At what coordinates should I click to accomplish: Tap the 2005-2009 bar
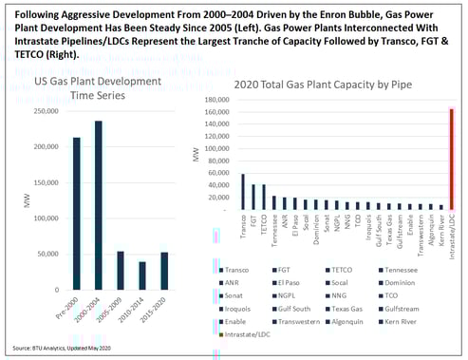click(x=120, y=271)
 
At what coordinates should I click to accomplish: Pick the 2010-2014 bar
click(x=141, y=275)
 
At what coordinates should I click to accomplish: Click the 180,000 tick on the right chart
click(x=218, y=98)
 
